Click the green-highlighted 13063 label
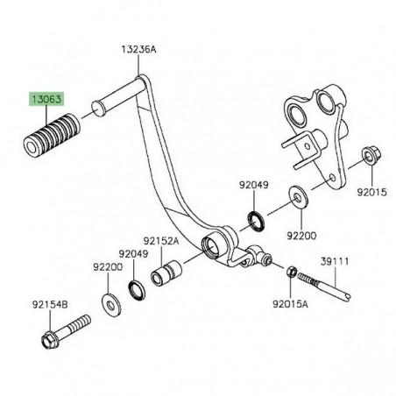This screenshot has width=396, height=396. (46, 99)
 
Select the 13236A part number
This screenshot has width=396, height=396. (138, 49)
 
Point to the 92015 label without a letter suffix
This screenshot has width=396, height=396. (371, 192)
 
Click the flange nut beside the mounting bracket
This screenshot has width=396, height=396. (371, 156)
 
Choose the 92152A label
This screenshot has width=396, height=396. (161, 241)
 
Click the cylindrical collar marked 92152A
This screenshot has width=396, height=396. (166, 273)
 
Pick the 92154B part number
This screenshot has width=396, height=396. (50, 305)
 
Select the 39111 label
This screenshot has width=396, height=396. (335, 261)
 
